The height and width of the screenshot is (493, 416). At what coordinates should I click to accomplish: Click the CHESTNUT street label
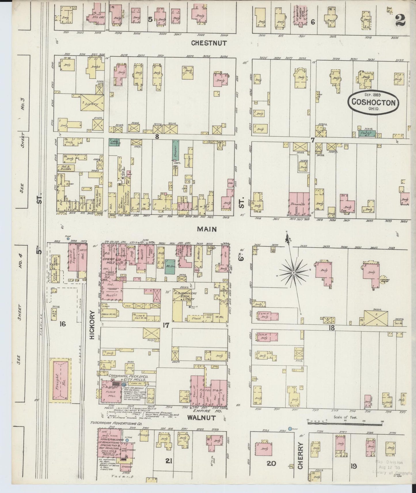point(209,43)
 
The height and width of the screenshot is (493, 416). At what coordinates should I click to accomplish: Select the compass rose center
point(293,272)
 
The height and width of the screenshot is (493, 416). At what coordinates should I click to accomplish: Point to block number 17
point(166,325)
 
